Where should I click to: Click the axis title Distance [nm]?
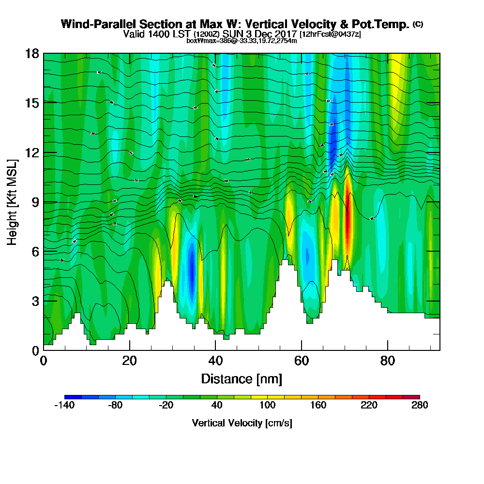coord(242,378)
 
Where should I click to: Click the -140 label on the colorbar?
coord(64,406)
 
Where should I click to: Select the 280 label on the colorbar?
coord(420,406)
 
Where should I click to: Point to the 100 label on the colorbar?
coord(267,406)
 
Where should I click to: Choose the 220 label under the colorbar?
coord(369,406)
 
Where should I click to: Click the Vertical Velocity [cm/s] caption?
coord(242,423)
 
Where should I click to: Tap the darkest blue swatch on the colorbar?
coord(73,397)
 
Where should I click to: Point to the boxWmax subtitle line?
coord(242,41)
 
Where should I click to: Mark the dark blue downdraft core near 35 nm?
coord(192,271)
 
